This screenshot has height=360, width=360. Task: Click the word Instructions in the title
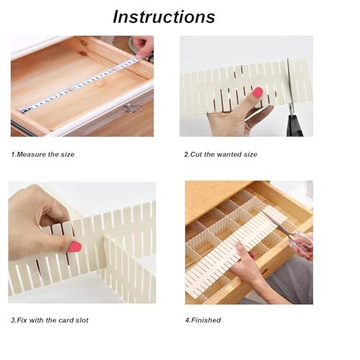click(x=163, y=17)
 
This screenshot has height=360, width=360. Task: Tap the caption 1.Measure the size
click(x=42, y=154)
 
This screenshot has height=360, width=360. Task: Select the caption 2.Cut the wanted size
click(x=220, y=154)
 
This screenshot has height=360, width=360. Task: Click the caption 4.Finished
click(x=203, y=320)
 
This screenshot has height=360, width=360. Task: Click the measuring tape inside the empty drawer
click(x=79, y=86)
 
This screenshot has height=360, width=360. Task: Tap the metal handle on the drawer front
click(x=131, y=108)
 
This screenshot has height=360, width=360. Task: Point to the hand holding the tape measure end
click(x=143, y=48)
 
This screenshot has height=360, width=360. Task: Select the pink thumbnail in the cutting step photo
click(x=256, y=92)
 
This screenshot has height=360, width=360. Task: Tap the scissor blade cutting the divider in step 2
click(x=289, y=79)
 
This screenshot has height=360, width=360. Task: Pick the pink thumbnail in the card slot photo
click(x=74, y=246)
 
